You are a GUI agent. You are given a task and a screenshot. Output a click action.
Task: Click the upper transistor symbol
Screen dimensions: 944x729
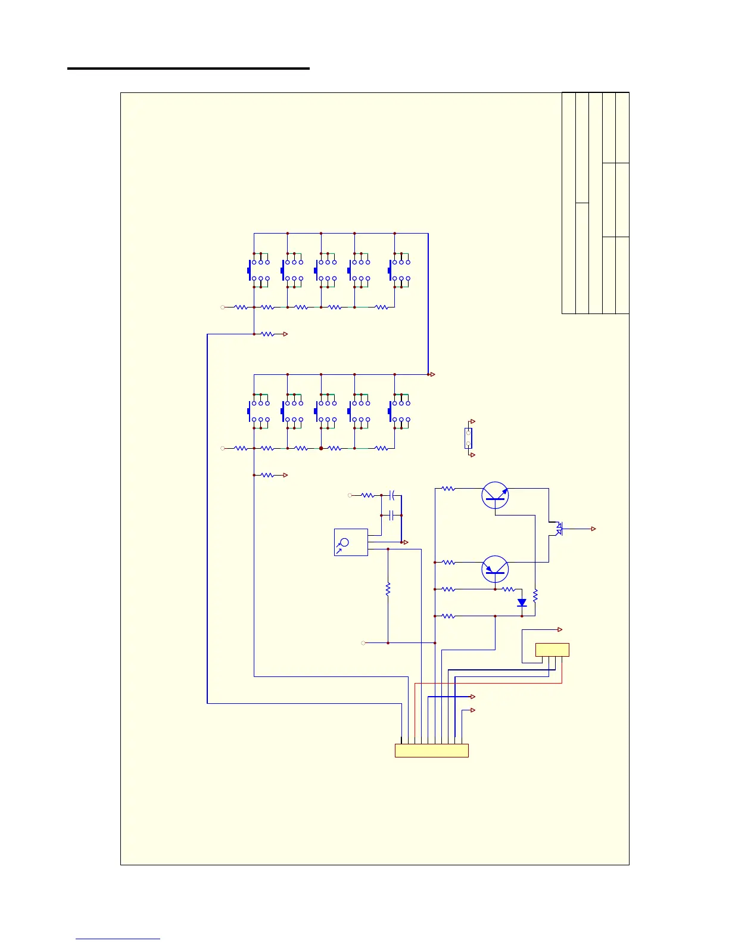pyautogui.click(x=495, y=495)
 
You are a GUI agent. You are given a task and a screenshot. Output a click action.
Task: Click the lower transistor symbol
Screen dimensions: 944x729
pyautogui.click(x=495, y=569)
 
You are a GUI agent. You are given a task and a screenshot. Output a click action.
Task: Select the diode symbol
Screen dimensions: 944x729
pyautogui.click(x=522, y=603)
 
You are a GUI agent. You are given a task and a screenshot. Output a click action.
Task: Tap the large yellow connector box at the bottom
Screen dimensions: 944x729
pyautogui.click(x=432, y=750)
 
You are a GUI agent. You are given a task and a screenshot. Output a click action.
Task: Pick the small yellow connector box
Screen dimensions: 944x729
pyautogui.click(x=552, y=650)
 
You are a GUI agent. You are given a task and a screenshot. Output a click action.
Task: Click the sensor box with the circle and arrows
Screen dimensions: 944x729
pyautogui.click(x=351, y=542)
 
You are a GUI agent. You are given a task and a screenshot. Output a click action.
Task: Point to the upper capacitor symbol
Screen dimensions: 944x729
pyautogui.click(x=392, y=495)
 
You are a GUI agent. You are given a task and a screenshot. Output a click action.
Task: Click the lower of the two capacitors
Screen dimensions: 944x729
pyautogui.click(x=392, y=515)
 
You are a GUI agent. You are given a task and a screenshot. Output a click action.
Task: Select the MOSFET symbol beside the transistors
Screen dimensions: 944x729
pyautogui.click(x=558, y=529)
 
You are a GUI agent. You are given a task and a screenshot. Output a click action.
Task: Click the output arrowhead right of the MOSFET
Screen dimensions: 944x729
pyautogui.click(x=593, y=529)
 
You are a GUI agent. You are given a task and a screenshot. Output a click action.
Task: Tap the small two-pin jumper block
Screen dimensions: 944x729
pyautogui.click(x=468, y=438)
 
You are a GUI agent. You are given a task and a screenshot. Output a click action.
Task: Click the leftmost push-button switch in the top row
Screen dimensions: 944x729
pyautogui.click(x=258, y=271)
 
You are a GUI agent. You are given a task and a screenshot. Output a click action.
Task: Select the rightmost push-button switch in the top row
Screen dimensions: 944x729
pyautogui.click(x=398, y=271)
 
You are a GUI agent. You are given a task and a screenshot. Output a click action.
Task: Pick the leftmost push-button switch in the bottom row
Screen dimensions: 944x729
pyautogui.click(x=258, y=411)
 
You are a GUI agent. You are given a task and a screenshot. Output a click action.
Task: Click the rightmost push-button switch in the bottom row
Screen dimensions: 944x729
pyautogui.click(x=398, y=411)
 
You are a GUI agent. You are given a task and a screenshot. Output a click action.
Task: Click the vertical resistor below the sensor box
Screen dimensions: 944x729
pyautogui.click(x=388, y=589)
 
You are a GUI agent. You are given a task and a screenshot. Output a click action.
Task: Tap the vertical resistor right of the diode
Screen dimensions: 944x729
pyautogui.click(x=535, y=595)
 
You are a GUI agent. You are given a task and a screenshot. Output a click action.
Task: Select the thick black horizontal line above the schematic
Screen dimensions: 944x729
pyautogui.click(x=188, y=69)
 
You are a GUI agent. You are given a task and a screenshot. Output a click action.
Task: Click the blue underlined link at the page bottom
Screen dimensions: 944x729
pyautogui.click(x=118, y=939)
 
